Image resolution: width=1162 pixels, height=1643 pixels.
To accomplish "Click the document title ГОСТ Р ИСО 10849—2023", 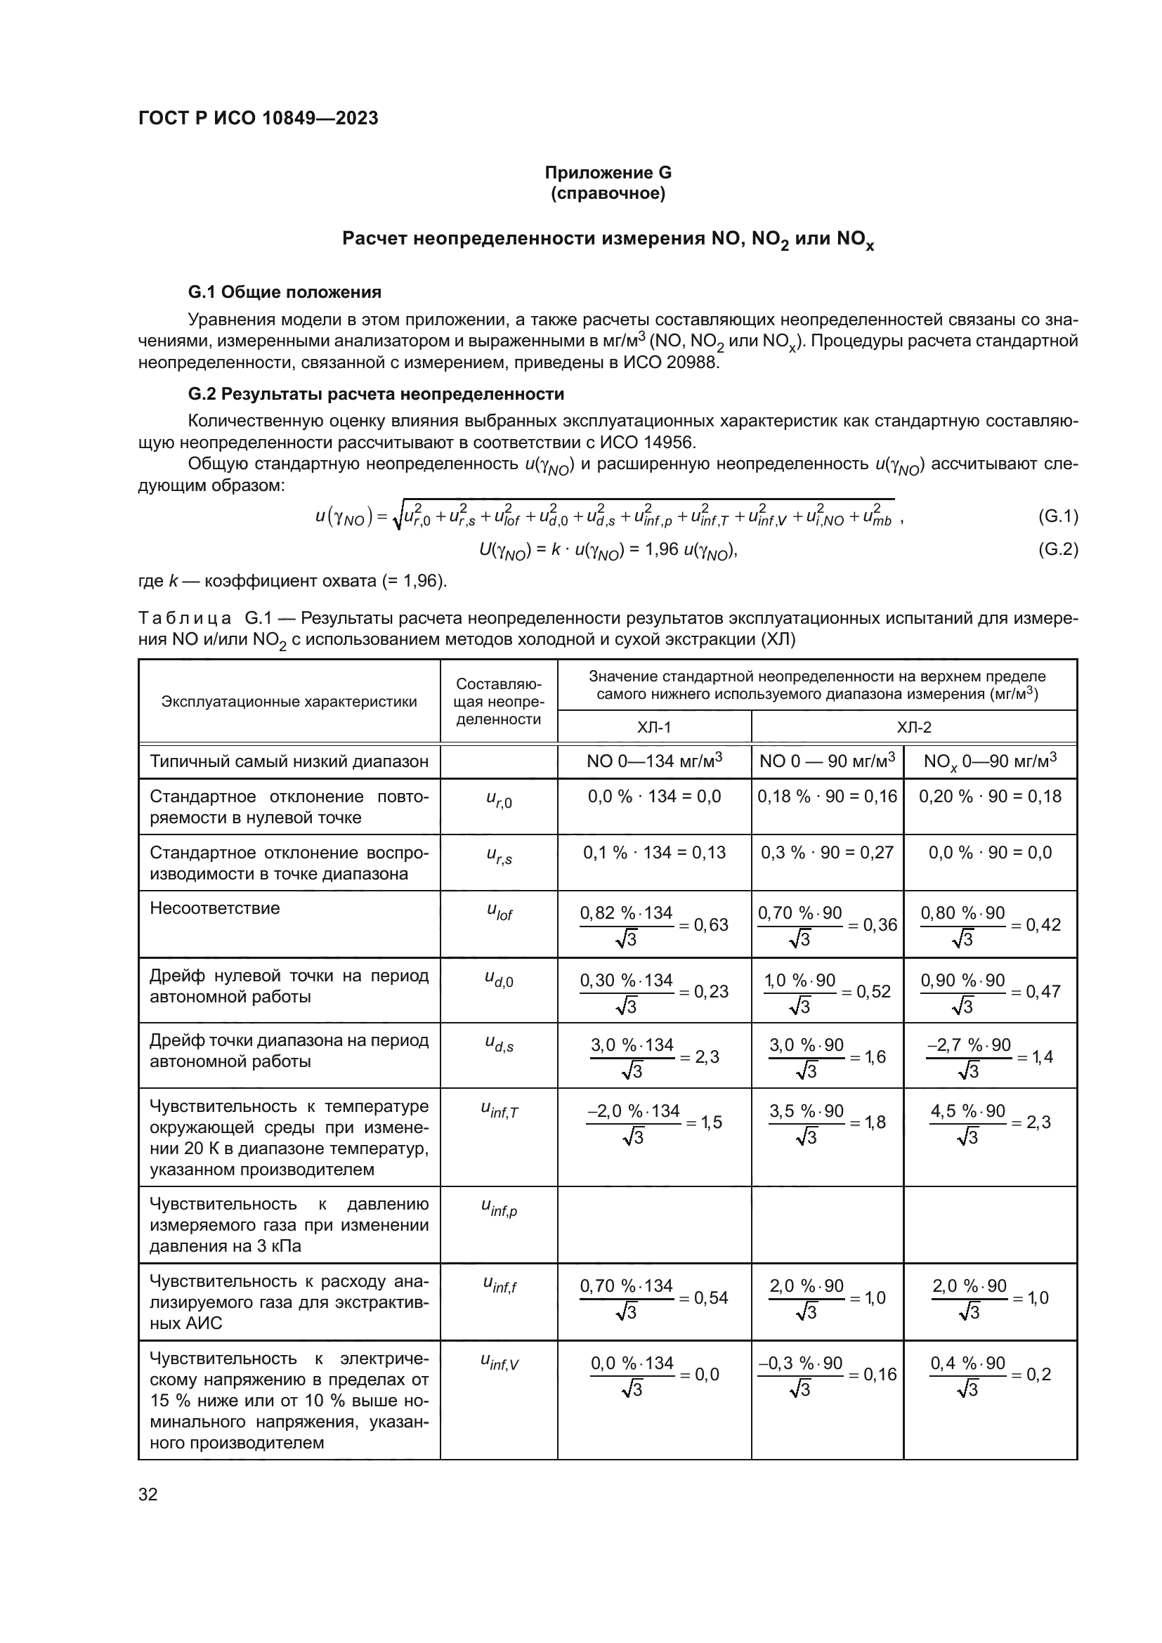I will click(258, 118).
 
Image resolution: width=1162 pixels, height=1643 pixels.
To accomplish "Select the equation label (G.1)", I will click(1057, 517).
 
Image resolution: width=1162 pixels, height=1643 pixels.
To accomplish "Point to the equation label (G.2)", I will click(1057, 549).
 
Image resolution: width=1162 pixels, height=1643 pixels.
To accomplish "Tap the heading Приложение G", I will click(608, 173).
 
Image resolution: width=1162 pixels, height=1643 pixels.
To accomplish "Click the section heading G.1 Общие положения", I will click(284, 292).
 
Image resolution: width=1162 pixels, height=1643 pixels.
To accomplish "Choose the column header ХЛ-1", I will click(653, 728).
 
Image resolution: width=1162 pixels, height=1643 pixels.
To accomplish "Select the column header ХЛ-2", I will click(914, 728).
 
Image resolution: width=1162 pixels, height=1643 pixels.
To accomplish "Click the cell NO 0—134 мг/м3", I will click(653, 761).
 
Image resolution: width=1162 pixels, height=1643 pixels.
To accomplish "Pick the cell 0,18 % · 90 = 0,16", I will click(827, 797).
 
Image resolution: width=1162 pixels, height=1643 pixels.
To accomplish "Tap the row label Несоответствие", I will click(215, 908).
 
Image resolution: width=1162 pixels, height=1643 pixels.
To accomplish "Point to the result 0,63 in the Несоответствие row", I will click(711, 924).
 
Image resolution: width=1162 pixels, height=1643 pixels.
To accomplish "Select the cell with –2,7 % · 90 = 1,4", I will click(990, 1057).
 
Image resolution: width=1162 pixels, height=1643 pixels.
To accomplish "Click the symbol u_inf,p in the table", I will click(499, 1210).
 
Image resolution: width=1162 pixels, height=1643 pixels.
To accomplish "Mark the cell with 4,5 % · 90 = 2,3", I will click(990, 1122).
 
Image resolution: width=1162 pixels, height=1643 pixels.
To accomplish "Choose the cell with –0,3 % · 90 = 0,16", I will click(827, 1374).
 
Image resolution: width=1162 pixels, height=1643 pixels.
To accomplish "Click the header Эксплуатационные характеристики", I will click(289, 701).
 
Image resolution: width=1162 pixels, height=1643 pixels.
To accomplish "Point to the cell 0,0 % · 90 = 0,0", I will click(990, 852).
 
